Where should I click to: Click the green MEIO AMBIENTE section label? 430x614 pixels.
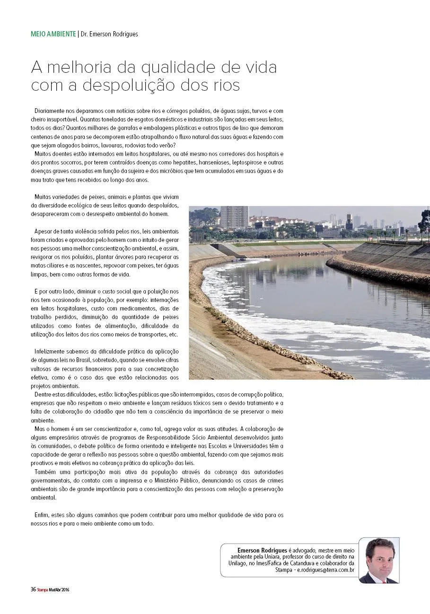click(x=53, y=34)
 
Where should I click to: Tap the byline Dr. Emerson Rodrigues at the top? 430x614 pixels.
click(x=109, y=34)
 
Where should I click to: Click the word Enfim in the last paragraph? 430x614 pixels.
click(x=41, y=515)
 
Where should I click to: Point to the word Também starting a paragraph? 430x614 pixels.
click(x=45, y=472)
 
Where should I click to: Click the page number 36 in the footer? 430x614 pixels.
click(x=33, y=589)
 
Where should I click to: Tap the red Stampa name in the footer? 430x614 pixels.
click(x=43, y=589)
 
